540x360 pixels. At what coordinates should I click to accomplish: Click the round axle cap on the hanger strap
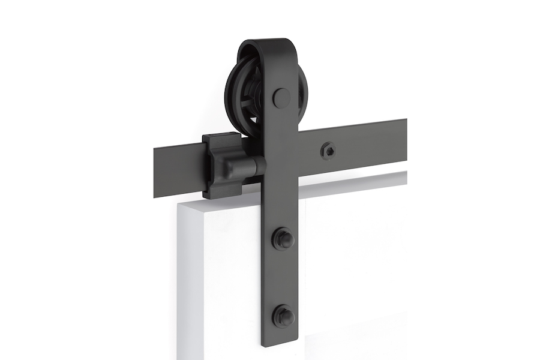click(281, 98)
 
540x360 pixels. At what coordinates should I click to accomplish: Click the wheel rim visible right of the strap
click(303, 120)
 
